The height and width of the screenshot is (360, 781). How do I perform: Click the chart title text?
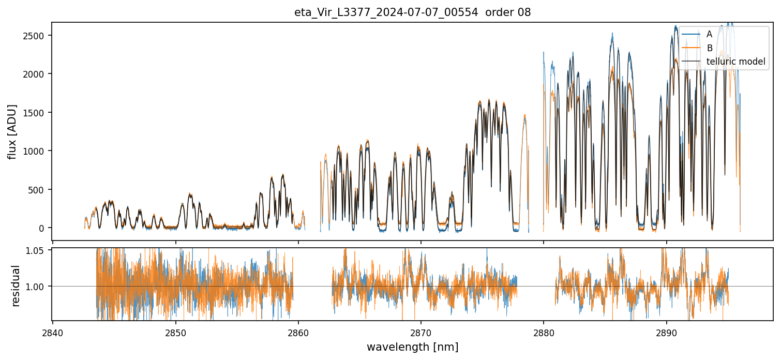(412, 12)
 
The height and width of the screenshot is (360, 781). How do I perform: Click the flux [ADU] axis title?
(12, 131)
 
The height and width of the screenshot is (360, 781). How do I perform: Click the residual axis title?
(16, 286)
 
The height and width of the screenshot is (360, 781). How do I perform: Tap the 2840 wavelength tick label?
(53, 332)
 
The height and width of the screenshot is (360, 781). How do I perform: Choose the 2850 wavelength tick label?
(175, 332)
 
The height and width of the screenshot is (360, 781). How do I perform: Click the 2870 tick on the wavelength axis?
(420, 332)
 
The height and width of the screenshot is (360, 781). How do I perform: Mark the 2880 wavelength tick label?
(543, 332)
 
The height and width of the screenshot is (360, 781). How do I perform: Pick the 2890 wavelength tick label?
(666, 332)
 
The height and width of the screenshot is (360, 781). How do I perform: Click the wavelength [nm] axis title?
(412, 347)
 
